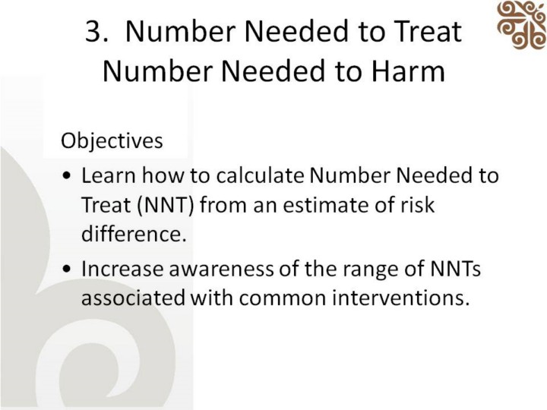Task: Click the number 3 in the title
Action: (x=94, y=31)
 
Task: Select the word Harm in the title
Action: (x=408, y=71)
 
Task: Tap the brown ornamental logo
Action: (x=522, y=24)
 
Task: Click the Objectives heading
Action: (x=112, y=141)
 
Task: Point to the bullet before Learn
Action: (x=67, y=175)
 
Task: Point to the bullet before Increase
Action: (x=67, y=269)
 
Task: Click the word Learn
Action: (x=108, y=175)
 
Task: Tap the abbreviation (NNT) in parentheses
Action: (x=166, y=205)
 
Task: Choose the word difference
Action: (x=134, y=234)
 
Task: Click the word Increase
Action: (x=122, y=269)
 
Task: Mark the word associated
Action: (x=133, y=298)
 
